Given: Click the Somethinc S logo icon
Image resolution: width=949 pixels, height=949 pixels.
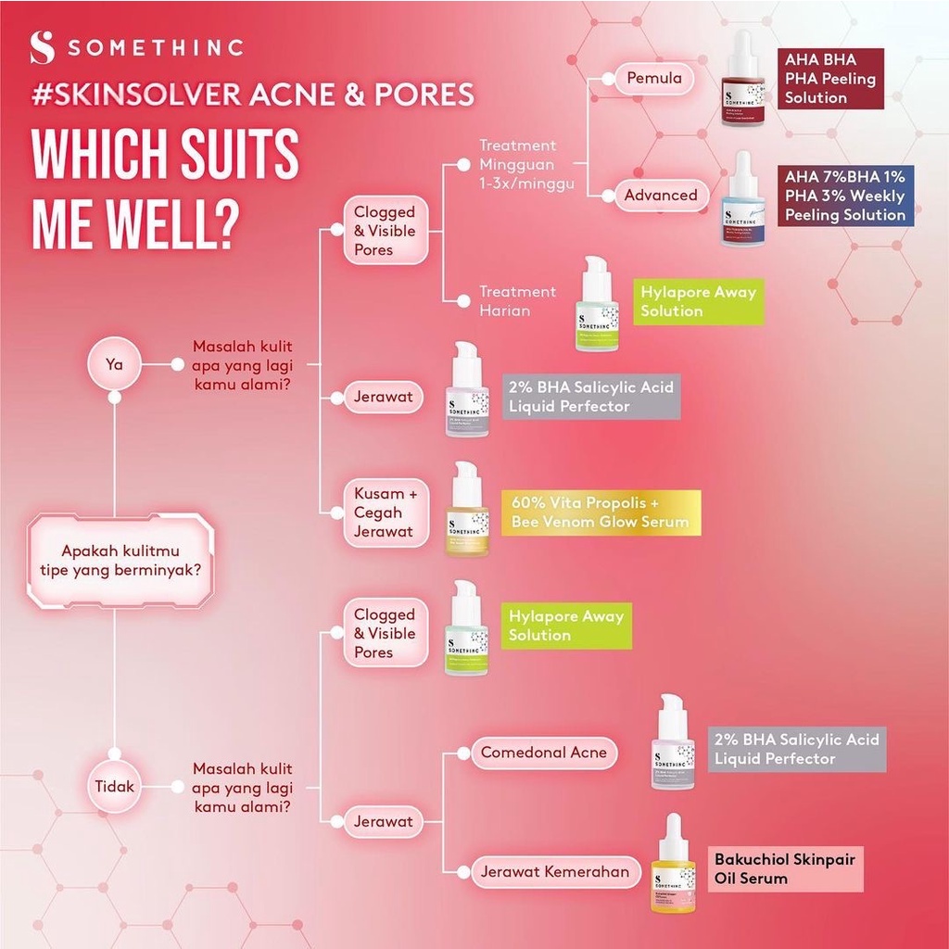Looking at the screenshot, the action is click(42, 48).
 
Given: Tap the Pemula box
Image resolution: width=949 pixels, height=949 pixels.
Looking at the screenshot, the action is click(654, 79).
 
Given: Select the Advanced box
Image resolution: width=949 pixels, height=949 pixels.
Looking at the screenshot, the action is click(660, 196).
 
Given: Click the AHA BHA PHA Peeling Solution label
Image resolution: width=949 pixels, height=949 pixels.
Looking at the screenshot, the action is click(830, 79).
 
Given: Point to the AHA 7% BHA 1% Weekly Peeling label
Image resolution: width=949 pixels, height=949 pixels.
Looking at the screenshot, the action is click(846, 196).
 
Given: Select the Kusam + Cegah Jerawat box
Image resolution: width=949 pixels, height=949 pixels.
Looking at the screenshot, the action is click(386, 512).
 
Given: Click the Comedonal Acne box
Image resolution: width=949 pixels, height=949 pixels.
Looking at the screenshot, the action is click(544, 753).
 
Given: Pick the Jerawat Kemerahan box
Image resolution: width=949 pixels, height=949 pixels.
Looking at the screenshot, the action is click(554, 871).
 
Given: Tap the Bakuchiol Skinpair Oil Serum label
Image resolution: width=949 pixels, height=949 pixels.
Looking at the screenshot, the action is click(784, 868).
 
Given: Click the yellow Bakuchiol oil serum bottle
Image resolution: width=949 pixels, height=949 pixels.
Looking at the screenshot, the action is click(674, 864).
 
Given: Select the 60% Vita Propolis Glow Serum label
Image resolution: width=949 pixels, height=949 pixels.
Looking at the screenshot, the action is click(601, 512).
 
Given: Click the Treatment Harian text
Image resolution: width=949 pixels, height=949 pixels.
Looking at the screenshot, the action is click(517, 301).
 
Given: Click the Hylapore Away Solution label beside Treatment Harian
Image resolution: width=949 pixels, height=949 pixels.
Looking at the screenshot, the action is click(698, 301).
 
